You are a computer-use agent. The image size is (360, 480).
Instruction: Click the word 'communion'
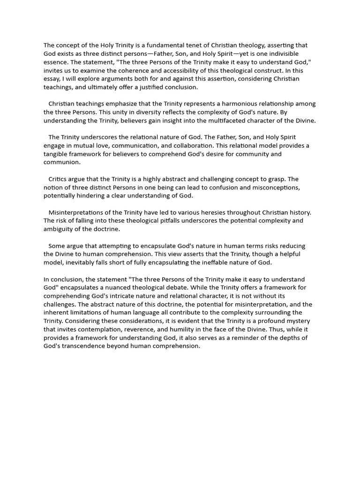tap(62, 162)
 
